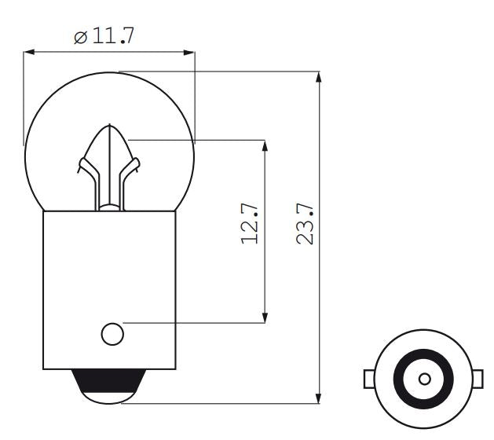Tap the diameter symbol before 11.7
(80, 38)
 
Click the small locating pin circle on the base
(112, 334)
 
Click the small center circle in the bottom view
(424, 379)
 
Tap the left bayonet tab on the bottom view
(369, 379)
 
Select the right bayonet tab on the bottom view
(479, 379)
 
